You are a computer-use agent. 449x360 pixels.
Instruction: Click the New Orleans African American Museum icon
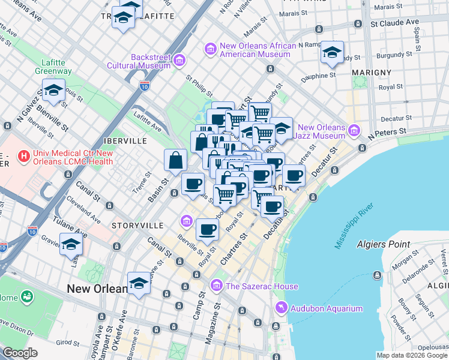pos(211,47)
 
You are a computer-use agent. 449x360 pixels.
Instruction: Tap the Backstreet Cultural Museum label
pos(139,61)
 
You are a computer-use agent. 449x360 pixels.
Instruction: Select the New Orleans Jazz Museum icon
pos(354,129)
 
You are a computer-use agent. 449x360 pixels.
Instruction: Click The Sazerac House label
pos(254,286)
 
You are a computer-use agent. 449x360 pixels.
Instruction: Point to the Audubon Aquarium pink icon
pos(280,308)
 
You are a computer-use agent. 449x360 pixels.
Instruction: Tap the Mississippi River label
pos(355,226)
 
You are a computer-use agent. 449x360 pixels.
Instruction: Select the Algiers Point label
pos(384,244)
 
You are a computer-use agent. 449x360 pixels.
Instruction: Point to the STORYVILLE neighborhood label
pos(137,225)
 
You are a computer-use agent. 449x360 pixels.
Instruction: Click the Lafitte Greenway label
pos(56,67)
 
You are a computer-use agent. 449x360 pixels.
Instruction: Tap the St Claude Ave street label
pos(394,23)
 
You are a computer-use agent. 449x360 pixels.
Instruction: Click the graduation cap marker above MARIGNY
pos(331,52)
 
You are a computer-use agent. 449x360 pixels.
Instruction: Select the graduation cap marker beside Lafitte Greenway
pos(53,91)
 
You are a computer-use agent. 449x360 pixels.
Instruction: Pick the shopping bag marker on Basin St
pos(176,160)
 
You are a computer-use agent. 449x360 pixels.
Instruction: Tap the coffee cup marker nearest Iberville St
pos(207,229)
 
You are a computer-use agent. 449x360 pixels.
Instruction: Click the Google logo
pos(20,353)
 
